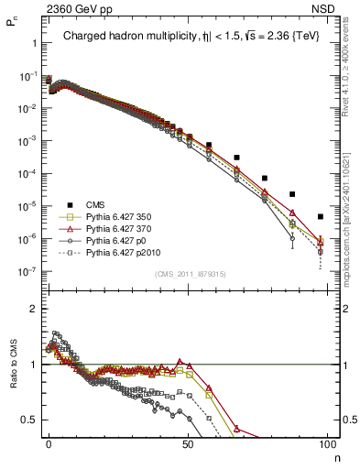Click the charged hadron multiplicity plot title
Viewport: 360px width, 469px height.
188,38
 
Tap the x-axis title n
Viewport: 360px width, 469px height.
336,455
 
